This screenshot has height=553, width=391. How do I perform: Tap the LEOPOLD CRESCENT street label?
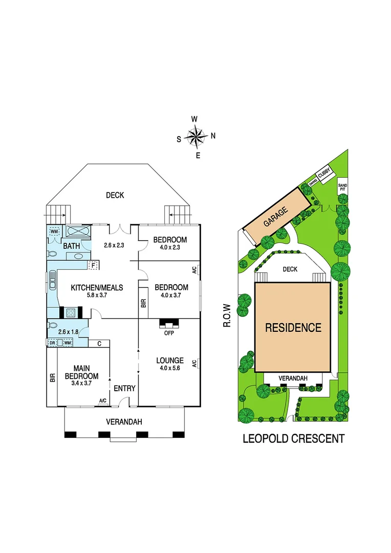pyautogui.click(x=293, y=438)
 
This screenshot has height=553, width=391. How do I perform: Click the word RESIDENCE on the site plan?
pyautogui.click(x=293, y=328)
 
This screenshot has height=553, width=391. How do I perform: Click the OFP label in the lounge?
pyautogui.click(x=169, y=333)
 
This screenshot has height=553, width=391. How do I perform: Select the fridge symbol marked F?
pyautogui.click(x=93, y=265)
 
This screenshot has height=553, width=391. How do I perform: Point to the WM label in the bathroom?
pyautogui.click(x=55, y=231)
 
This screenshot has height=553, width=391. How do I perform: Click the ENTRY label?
pyautogui.click(x=124, y=389)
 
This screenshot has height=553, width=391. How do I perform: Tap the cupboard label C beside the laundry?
pyautogui.click(x=98, y=343)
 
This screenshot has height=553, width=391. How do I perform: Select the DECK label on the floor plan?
pyautogui.click(x=115, y=195)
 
